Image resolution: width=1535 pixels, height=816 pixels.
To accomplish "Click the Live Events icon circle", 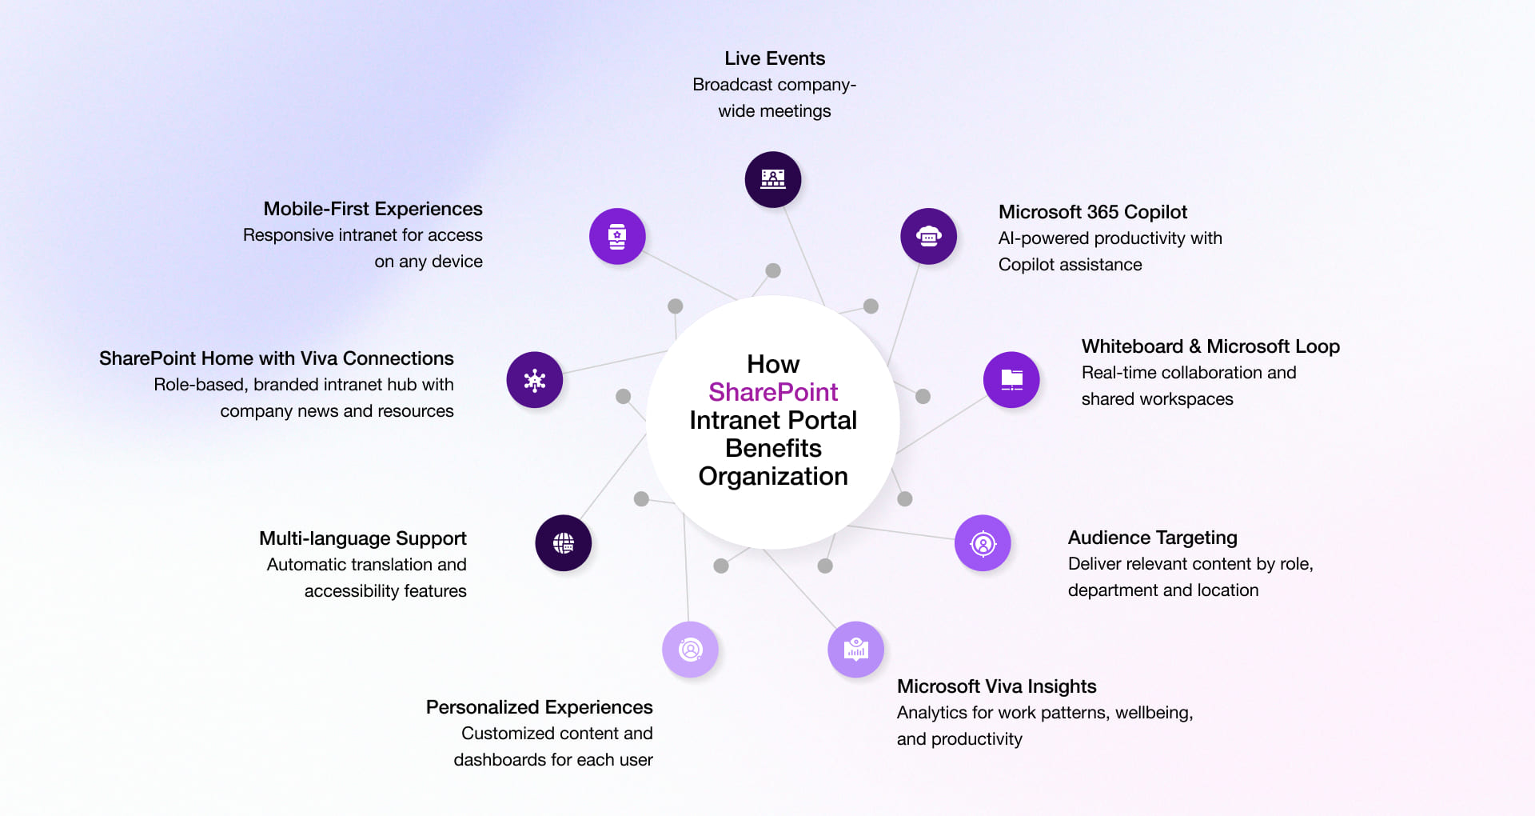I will [773, 179].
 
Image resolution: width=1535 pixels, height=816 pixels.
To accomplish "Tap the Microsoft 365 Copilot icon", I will [928, 236].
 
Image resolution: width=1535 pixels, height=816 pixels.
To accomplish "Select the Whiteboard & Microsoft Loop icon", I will [1011, 379].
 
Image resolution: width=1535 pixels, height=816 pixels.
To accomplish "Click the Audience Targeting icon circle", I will [983, 543].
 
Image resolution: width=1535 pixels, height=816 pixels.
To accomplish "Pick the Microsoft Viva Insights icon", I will [855, 649].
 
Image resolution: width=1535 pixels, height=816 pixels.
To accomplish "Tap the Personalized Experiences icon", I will [690, 649].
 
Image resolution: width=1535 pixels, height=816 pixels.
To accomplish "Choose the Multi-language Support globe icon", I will [564, 543].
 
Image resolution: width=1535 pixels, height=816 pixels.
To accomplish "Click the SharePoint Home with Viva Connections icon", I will [535, 379].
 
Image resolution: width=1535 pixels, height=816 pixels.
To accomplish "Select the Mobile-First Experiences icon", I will [617, 236].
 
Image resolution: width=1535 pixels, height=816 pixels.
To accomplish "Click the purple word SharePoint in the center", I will [772, 392].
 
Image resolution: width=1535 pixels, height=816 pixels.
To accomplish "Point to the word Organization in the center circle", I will [772, 476].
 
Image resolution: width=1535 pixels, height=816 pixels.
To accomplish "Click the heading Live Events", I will [774, 58].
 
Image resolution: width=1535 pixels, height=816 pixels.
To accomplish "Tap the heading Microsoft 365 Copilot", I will [1092, 212].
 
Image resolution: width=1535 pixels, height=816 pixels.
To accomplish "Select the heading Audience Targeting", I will [1152, 538].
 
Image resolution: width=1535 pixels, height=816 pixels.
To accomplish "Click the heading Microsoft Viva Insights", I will [996, 686].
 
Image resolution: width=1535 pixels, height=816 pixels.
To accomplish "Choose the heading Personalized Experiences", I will [539, 707].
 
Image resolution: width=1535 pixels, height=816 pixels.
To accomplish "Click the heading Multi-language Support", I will [362, 538].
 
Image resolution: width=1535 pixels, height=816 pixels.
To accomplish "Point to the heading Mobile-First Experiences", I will [373, 209].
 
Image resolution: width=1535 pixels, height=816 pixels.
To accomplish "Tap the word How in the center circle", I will [772, 364].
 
